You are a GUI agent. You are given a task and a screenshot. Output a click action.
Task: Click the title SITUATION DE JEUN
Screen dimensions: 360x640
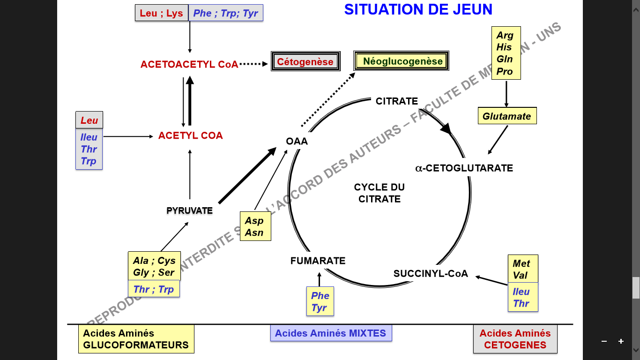pyautogui.click(x=418, y=9)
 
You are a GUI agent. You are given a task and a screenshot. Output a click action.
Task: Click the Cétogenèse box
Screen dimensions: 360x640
pyautogui.click(x=305, y=62)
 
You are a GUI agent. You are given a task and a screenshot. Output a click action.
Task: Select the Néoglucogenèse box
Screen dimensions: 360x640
pyautogui.click(x=402, y=61)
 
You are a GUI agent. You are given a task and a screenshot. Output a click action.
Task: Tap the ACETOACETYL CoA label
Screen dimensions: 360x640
pyautogui.click(x=189, y=65)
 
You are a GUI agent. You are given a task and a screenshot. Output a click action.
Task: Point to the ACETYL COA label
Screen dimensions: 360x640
pyautogui.click(x=190, y=136)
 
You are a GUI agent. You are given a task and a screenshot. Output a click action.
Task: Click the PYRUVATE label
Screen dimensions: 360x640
pyautogui.click(x=190, y=211)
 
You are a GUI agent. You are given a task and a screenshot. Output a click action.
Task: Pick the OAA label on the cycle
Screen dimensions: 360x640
pyautogui.click(x=297, y=141)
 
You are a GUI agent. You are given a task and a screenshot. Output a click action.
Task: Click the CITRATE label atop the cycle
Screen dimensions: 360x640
pyautogui.click(x=396, y=101)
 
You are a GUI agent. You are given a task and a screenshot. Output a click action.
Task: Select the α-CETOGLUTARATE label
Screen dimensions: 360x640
pyautogui.click(x=464, y=168)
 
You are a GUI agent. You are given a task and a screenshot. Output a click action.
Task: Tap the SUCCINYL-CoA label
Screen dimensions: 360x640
pyautogui.click(x=431, y=274)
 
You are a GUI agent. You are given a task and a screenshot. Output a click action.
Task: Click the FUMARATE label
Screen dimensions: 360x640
pyautogui.click(x=318, y=261)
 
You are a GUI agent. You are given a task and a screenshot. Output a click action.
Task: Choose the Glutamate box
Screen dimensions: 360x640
pyautogui.click(x=506, y=116)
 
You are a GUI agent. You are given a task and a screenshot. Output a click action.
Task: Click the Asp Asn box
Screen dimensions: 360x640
pyautogui.click(x=255, y=226)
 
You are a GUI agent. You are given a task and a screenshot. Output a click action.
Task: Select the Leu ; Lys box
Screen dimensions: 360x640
pyautogui.click(x=161, y=13)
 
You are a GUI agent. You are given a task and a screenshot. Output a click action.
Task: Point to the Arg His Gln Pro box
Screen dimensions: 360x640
pyautogui.click(x=506, y=53)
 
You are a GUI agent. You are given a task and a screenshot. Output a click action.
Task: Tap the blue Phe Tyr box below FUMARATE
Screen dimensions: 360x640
pyautogui.click(x=320, y=302)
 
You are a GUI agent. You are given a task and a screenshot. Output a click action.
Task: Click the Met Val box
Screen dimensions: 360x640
pyautogui.click(x=522, y=269)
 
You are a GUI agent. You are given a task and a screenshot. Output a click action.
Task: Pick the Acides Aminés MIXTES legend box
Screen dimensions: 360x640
pyautogui.click(x=331, y=333)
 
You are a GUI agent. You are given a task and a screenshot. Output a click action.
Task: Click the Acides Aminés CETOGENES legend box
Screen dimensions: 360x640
pyautogui.click(x=515, y=339)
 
